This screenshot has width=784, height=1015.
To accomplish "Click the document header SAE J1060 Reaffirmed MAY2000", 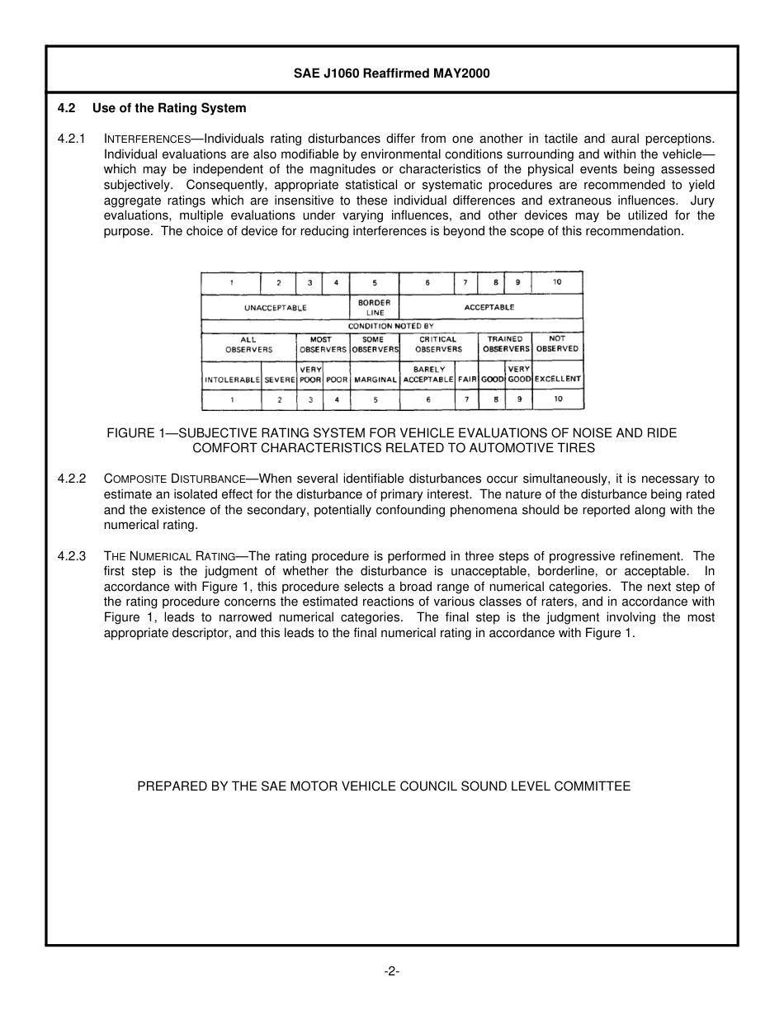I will (x=391, y=73).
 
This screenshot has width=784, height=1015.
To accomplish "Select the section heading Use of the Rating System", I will (x=169, y=108).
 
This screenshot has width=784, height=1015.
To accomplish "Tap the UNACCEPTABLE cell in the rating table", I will (x=276, y=308).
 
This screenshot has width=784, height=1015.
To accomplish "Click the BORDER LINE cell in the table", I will (x=375, y=308).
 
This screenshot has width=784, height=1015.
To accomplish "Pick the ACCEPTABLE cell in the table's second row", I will (x=490, y=307).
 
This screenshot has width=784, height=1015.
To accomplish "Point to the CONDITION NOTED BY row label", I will (x=391, y=327).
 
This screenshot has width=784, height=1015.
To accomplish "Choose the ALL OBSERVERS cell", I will (x=248, y=344).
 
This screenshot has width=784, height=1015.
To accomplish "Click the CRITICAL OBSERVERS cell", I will (x=438, y=344).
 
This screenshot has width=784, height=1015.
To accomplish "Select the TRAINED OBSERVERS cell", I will (x=506, y=344).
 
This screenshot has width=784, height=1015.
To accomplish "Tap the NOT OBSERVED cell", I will (x=557, y=344).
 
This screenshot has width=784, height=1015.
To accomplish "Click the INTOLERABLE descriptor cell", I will (x=232, y=380).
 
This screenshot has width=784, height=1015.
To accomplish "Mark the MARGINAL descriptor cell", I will (x=375, y=380).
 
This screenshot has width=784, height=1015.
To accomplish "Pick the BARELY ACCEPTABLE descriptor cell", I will (x=428, y=375).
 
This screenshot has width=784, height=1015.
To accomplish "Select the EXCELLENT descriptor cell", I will (x=558, y=380).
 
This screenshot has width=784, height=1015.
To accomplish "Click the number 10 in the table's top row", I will (x=557, y=282).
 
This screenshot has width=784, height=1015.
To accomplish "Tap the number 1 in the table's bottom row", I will (x=232, y=400).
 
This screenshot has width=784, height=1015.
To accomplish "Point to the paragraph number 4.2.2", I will (x=72, y=479).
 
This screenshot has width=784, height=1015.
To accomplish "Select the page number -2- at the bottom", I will (x=392, y=971).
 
